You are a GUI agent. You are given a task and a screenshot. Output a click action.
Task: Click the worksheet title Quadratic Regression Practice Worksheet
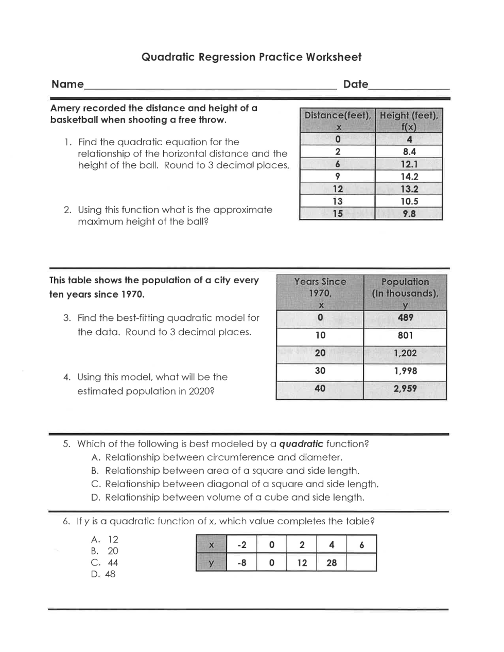pyautogui.click(x=251, y=57)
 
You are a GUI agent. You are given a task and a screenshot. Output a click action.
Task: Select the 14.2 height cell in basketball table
pyautogui.click(x=409, y=177)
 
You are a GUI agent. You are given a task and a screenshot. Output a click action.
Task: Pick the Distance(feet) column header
pyautogui.click(x=338, y=121)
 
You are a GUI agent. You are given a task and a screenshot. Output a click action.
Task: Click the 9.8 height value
pyautogui.click(x=409, y=214)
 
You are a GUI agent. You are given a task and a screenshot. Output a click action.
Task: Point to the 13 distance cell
pyautogui.click(x=338, y=201)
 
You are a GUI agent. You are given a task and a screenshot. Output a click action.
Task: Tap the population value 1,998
pyautogui.click(x=405, y=371)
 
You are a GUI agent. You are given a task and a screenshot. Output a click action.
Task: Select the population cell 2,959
pyautogui.click(x=405, y=389)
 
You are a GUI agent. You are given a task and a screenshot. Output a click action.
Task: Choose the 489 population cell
pyautogui.click(x=405, y=318)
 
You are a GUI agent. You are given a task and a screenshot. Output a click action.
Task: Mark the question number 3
pyautogui.click(x=67, y=318)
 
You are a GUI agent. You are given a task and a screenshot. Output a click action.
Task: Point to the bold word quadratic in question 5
pyautogui.click(x=301, y=444)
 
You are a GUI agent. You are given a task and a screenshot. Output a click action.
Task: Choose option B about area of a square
pyautogui.click(x=232, y=471)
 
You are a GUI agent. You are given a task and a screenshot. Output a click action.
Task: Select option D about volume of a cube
pyautogui.click(x=234, y=497)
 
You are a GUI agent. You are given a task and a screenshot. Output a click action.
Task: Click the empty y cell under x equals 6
pyautogui.click(x=361, y=563)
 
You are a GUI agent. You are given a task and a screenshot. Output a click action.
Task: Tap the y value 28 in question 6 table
pyautogui.click(x=332, y=563)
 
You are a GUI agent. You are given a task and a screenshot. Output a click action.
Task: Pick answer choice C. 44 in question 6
pyautogui.click(x=105, y=563)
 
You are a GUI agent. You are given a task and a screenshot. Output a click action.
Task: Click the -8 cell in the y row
pyautogui.click(x=241, y=563)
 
